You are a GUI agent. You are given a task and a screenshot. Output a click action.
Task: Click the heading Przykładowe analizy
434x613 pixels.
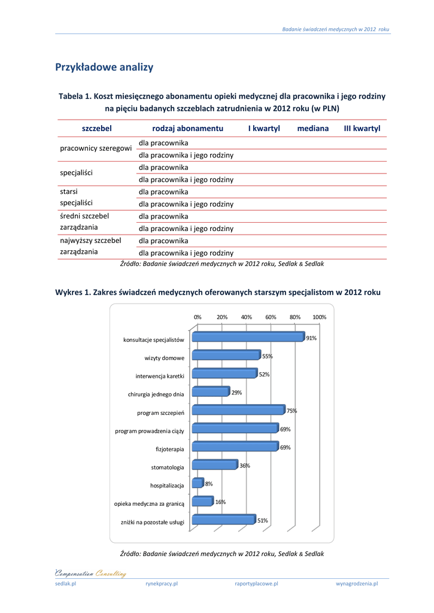tap(104, 67)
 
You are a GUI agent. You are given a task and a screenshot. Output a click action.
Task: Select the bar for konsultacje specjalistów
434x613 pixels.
tap(248, 338)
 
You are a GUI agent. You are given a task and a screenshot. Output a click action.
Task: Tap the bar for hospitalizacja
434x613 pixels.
tap(198, 483)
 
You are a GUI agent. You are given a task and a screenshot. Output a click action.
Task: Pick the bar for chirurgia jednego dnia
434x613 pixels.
tap(211, 392)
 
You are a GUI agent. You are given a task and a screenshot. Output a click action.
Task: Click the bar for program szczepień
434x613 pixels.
tap(238, 411)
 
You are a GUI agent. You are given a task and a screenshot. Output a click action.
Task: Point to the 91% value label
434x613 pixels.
tap(311, 338)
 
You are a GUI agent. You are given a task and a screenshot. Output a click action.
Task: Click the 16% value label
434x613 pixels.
tap(220, 502)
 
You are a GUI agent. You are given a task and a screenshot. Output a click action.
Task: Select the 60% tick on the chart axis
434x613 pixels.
tap(271, 317)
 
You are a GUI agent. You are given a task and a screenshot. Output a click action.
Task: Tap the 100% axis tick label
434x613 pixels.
tap(319, 317)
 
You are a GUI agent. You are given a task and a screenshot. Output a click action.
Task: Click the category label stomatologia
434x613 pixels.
tap(168, 467)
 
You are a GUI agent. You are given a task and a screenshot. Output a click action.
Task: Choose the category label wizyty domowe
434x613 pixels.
tap(165, 358)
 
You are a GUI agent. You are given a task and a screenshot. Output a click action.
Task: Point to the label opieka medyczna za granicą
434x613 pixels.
tap(149, 504)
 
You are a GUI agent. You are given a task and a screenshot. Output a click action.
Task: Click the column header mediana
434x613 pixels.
tap(313, 129)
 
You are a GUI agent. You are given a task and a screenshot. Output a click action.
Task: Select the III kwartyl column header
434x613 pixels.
tap(362, 129)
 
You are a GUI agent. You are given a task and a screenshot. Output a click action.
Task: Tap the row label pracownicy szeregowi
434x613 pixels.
tap(96, 148)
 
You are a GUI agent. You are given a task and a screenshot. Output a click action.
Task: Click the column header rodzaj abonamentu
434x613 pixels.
tap(188, 129)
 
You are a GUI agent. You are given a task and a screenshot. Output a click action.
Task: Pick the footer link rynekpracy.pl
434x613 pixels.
tap(162, 584)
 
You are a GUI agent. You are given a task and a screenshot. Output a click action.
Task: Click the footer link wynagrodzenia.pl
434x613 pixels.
tap(357, 584)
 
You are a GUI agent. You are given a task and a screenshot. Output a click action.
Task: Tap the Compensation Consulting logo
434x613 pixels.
tap(90, 573)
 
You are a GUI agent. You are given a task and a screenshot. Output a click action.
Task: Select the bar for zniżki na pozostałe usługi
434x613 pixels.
tap(224, 520)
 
